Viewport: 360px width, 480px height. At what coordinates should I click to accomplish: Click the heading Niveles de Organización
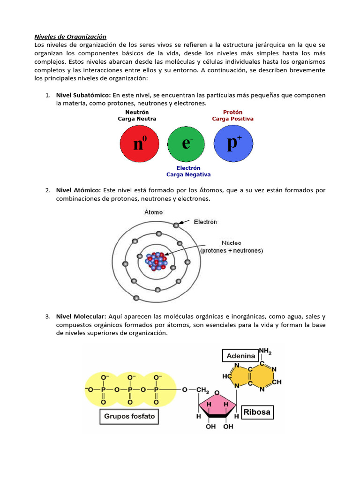[71, 37]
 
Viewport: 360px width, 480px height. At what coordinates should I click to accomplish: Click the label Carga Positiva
[232, 119]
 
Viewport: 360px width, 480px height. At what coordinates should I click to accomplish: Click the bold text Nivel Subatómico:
[83, 95]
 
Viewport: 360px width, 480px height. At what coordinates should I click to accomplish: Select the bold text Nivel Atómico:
[78, 190]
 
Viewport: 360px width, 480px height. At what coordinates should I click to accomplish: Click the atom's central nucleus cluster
[156, 261]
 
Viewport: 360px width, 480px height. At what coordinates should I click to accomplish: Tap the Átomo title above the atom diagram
[153, 212]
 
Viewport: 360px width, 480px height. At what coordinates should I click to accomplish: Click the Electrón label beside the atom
[205, 222]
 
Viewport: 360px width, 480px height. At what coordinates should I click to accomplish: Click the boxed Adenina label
[240, 356]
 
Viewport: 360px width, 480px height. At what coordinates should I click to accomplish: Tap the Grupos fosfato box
[129, 416]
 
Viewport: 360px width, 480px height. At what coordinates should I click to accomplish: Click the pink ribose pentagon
[217, 404]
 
